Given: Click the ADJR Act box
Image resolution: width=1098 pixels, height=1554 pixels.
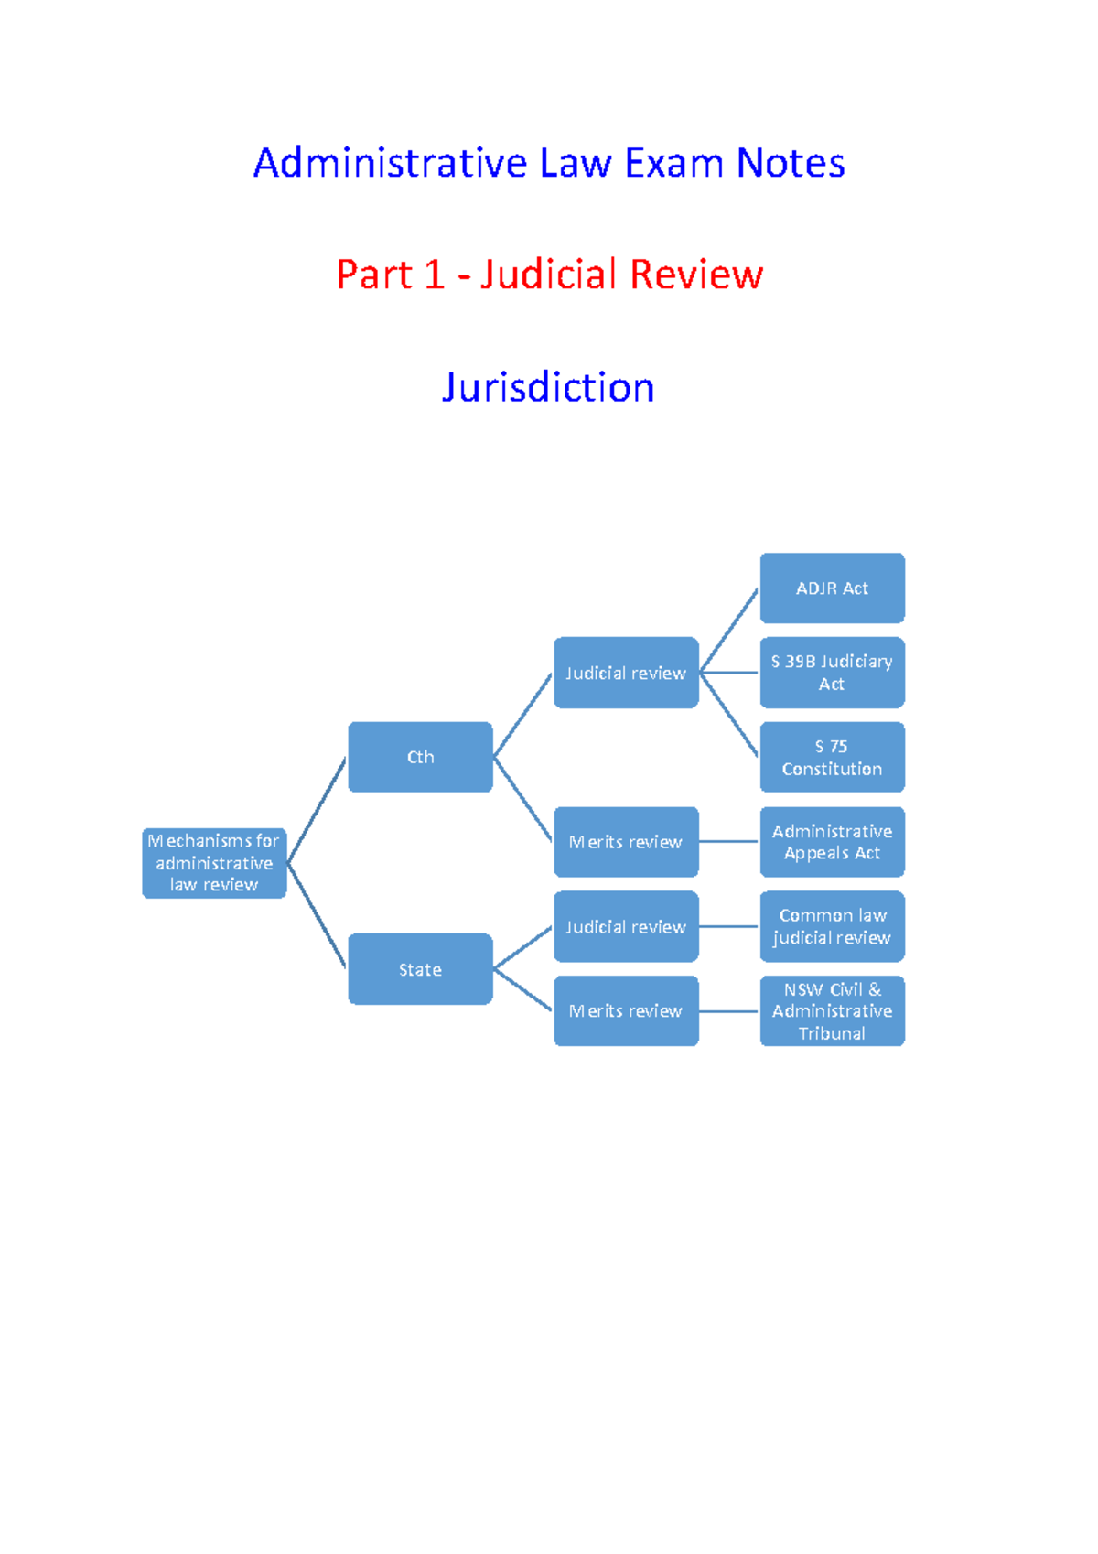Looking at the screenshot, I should pyautogui.click(x=832, y=588).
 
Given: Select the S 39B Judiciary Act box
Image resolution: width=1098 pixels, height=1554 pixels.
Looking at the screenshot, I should pyautogui.click(x=832, y=673).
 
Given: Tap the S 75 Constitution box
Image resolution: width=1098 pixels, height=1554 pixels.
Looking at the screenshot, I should pyautogui.click(x=832, y=758).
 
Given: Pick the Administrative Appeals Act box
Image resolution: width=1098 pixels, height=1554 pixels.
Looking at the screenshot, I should pyautogui.click(x=832, y=842).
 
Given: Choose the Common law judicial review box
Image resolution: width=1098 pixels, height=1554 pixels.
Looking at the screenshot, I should pyautogui.click(x=832, y=926).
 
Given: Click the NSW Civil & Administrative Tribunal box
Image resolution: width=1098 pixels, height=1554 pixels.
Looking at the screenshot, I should pyautogui.click(x=832, y=1011).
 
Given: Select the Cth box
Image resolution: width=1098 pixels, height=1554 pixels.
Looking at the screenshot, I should pyautogui.click(x=420, y=757).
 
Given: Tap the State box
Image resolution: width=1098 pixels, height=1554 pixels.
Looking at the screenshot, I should pyautogui.click(x=420, y=969).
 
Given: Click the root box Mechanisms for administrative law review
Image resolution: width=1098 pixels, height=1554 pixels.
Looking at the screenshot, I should pyautogui.click(x=214, y=863).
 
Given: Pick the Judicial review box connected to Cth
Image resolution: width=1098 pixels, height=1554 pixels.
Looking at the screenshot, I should pyautogui.click(x=626, y=673).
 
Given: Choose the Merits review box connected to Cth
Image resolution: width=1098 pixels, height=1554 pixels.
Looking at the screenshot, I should pyautogui.click(x=626, y=842).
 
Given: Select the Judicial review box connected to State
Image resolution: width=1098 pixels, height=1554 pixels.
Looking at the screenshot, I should pyautogui.click(x=626, y=926).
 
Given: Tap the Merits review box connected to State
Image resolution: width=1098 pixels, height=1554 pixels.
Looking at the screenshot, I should pyautogui.click(x=626, y=1011).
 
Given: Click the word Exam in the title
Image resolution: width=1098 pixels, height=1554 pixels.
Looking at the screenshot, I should pyautogui.click(x=673, y=164).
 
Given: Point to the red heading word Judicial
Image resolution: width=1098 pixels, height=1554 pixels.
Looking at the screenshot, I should pyautogui.click(x=548, y=275).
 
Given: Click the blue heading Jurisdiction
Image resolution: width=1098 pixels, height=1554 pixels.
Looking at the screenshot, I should pyautogui.click(x=548, y=387).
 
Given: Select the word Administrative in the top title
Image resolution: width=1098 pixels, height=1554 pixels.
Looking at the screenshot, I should pyautogui.click(x=390, y=164).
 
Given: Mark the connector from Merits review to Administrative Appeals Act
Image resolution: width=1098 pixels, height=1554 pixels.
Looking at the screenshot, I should pyautogui.click(x=729, y=842).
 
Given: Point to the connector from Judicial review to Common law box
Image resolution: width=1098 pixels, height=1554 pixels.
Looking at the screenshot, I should pyautogui.click(x=729, y=926).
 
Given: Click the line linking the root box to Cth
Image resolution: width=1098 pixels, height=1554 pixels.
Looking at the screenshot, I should pyautogui.click(x=317, y=810).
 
